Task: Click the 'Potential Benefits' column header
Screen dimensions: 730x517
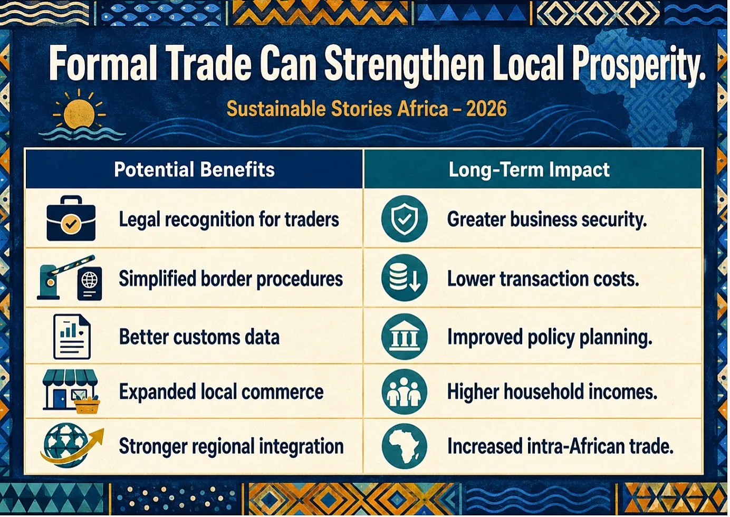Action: pyautogui.click(x=194, y=170)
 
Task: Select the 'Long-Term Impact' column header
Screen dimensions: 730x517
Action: pyautogui.click(x=529, y=170)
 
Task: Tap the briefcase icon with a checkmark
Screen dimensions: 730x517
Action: pyautogui.click(x=71, y=218)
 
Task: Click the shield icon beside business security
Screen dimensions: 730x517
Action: pyautogui.click(x=404, y=219)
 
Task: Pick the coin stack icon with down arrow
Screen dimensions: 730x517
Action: pyautogui.click(x=404, y=277)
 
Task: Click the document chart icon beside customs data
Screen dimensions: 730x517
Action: pyautogui.click(x=72, y=337)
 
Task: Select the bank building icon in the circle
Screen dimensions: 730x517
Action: pyautogui.click(x=404, y=337)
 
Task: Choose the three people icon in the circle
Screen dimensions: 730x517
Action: pyautogui.click(x=404, y=391)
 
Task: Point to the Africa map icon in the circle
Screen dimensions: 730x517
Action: pyautogui.click(x=404, y=446)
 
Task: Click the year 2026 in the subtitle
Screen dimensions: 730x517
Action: pyautogui.click(x=486, y=109)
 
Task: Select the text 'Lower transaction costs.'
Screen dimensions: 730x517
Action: pyautogui.click(x=543, y=280)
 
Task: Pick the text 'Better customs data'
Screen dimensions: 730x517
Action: pyautogui.click(x=199, y=337)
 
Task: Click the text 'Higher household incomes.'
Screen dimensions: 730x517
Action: pyautogui.click(x=552, y=391)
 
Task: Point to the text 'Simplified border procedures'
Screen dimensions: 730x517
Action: pyautogui.click(x=230, y=280)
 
